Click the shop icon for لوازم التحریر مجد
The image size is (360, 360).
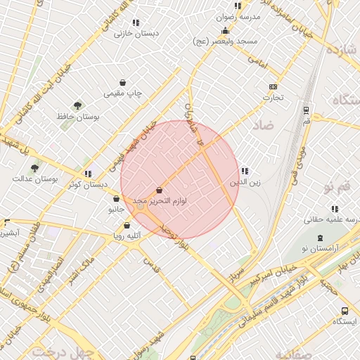pyautogui.click(x=160, y=191)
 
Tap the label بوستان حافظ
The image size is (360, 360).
pyautogui.click(x=98, y=116)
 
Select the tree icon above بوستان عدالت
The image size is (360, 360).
pyautogui.click(x=34, y=167)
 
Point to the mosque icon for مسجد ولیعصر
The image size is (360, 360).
pyautogui.click(x=225, y=31)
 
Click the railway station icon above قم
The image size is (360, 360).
pyautogui.click(x=306, y=110)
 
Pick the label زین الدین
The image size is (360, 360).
pyautogui.click(x=245, y=182)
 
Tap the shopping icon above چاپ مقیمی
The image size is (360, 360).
pyautogui.click(x=123, y=82)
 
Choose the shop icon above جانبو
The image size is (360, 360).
pyautogui.click(x=116, y=199)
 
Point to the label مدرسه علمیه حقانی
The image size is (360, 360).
pyautogui.click(x=332, y=219)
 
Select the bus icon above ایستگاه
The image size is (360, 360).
pyautogui.click(x=345, y=311)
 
